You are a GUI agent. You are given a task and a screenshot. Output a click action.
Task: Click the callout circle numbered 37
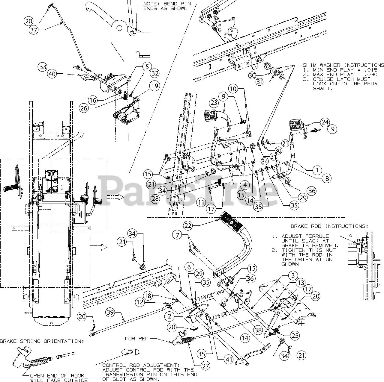[34, 30]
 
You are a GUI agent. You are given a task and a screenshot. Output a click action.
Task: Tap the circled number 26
[84, 108]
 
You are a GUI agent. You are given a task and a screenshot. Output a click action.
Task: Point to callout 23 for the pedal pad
[214, 103]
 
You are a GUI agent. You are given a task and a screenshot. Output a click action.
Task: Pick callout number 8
[327, 179]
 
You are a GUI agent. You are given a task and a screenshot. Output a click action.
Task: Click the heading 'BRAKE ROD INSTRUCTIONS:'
[329, 226]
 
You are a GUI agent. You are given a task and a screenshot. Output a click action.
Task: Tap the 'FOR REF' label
[135, 339]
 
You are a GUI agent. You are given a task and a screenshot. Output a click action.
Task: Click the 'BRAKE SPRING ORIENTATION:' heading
[42, 341]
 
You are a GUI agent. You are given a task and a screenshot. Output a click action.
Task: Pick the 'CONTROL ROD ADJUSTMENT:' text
[140, 365]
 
